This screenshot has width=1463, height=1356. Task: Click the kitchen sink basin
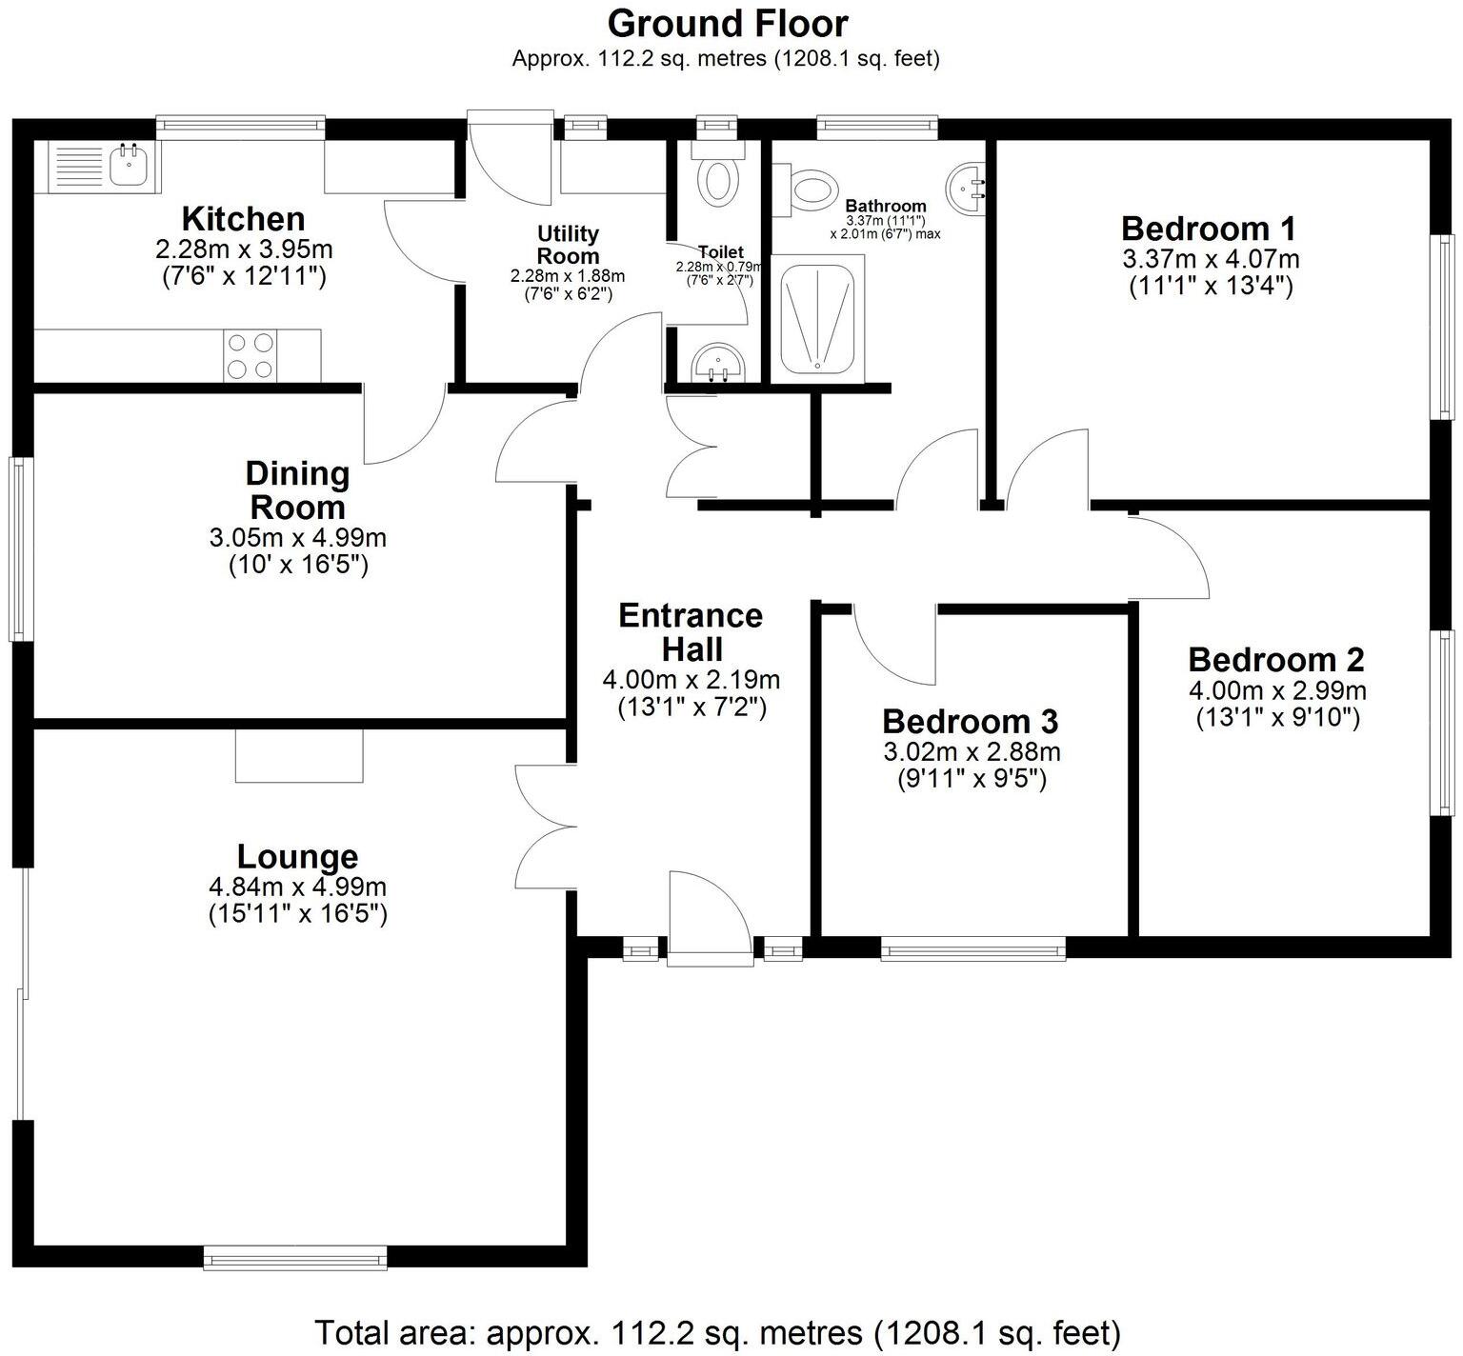pyautogui.click(x=127, y=166)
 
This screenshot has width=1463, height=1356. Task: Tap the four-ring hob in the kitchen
pyautogui.click(x=251, y=354)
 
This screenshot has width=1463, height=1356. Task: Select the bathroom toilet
pyautogui.click(x=811, y=187)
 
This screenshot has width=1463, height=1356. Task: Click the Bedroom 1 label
pyautogui.click(x=1209, y=229)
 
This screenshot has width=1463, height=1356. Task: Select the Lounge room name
pyautogui.click(x=297, y=856)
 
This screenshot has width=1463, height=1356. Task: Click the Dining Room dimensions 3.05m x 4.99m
pyautogui.click(x=297, y=537)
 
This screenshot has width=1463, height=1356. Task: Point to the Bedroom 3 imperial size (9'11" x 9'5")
pyautogui.click(x=972, y=779)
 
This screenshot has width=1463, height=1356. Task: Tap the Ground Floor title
pyautogui.click(x=727, y=23)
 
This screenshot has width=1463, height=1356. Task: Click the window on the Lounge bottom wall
pyautogui.click(x=295, y=1257)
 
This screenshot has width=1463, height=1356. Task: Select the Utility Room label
pyautogui.click(x=568, y=245)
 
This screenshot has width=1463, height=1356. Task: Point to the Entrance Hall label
pyautogui.click(x=691, y=632)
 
